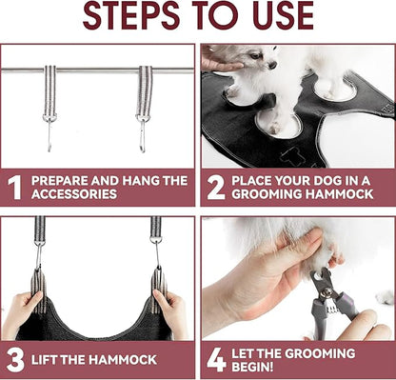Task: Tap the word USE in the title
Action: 284,16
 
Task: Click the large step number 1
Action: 14,188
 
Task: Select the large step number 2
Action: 216,188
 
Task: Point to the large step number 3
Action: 15,360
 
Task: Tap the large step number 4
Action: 216,360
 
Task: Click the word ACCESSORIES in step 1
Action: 74,194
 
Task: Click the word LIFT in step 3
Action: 44,360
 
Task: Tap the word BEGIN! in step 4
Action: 252,367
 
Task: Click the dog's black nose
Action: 272,65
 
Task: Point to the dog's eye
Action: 255,56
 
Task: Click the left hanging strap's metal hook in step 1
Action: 49,133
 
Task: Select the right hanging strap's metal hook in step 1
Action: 143,133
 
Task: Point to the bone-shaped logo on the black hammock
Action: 289,157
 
